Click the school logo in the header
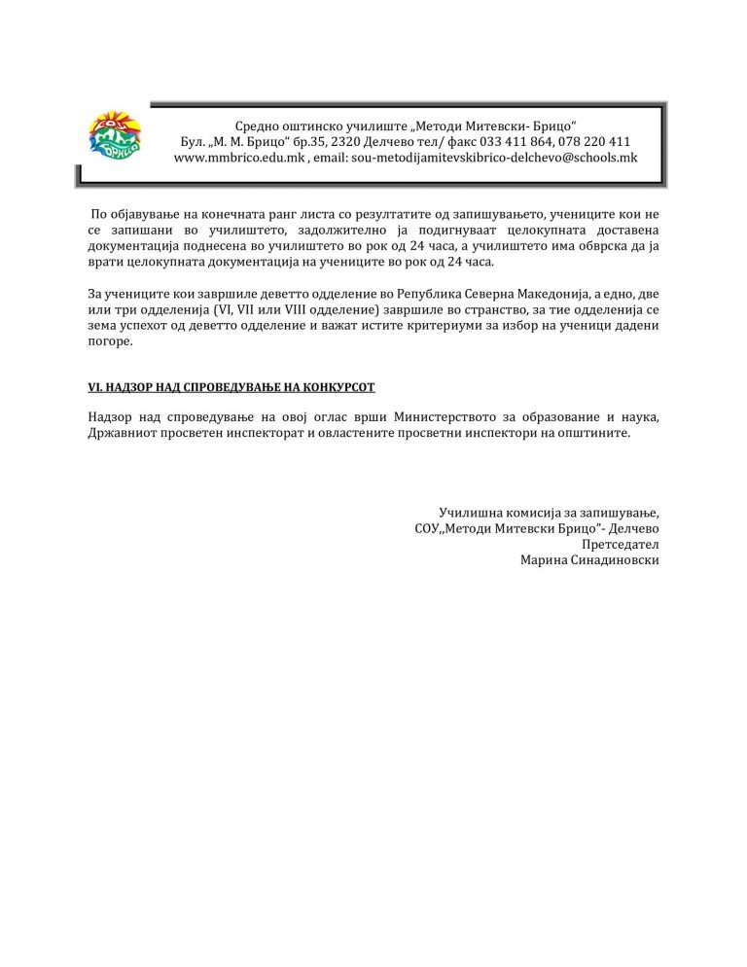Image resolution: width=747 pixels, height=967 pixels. pyautogui.click(x=114, y=137)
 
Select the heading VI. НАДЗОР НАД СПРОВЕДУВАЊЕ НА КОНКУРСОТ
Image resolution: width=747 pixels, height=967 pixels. pyautogui.click(x=231, y=387)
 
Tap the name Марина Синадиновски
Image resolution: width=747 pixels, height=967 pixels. pyautogui.click(x=589, y=560)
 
